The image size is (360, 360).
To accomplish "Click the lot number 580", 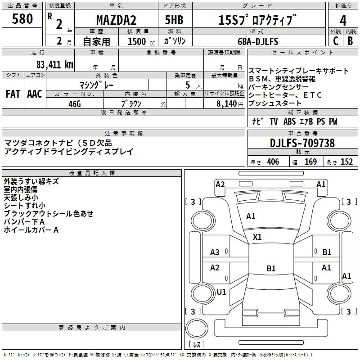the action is tap(22, 19).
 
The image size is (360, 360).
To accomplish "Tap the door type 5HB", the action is tap(174, 20).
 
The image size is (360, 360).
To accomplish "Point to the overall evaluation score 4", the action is tap(343, 20).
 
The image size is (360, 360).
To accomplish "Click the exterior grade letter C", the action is tap(335, 41).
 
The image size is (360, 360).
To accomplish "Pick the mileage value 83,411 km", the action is tap(54, 65).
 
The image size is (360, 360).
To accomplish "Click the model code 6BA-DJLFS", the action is tap(258, 41).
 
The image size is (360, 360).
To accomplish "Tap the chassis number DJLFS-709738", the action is tap(302, 143).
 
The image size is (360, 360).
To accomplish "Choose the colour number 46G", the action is tap(74, 104).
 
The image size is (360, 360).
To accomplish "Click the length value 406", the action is tap(273, 162).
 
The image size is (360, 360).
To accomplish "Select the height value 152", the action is tap(346, 162).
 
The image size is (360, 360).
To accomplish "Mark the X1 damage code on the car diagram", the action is tap(257, 237).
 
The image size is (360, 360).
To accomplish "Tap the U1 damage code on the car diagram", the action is tap(221, 292).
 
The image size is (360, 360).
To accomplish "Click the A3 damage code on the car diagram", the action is tap(215, 252).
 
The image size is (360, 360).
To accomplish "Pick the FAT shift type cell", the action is tap(13, 94).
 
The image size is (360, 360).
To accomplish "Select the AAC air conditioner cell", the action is tap(35, 94).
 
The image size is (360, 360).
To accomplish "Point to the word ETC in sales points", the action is tap(313, 95).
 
